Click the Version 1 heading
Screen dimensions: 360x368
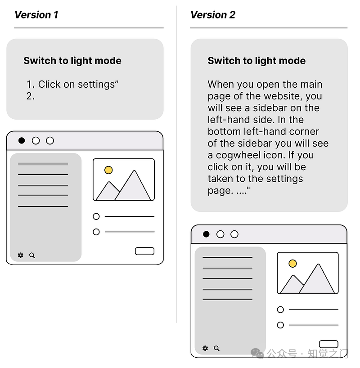tap(36, 15)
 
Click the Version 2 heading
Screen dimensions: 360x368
tap(213, 15)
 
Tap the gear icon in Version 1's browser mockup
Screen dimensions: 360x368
tap(21, 255)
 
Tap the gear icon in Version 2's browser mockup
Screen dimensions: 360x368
tap(205, 348)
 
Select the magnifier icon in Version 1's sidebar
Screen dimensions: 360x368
tap(32, 256)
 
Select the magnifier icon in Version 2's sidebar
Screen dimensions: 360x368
tap(217, 348)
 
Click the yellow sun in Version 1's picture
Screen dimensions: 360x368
tap(108, 170)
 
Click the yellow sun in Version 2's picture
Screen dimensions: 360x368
tap(292, 263)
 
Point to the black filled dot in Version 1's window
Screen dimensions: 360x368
tap(22, 140)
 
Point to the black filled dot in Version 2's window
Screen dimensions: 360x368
tap(206, 234)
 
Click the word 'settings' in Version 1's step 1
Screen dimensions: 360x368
tap(96, 85)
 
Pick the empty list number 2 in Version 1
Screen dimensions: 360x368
tap(30, 96)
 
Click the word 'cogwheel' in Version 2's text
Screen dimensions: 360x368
tap(238, 155)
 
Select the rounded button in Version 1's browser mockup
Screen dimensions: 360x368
tap(144, 251)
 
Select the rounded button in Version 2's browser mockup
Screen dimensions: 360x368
tap(328, 344)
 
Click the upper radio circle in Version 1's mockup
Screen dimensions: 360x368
tap(96, 216)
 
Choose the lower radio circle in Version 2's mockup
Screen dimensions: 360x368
tap(280, 325)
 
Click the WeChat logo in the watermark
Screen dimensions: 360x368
tap(257, 354)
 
